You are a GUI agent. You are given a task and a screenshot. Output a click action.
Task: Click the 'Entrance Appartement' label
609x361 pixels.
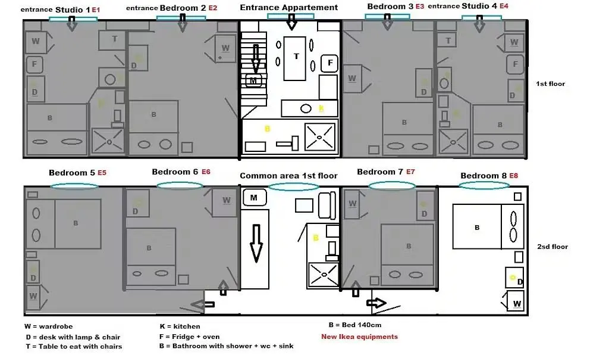[289, 8]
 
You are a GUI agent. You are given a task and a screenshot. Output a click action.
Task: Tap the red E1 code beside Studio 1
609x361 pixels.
[96, 10]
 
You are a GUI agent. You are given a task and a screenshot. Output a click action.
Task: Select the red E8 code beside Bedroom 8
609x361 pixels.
[514, 176]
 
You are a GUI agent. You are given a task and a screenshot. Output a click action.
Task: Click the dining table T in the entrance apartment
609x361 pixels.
[296, 57]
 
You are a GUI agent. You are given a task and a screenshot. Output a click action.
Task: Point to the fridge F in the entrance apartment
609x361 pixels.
[329, 63]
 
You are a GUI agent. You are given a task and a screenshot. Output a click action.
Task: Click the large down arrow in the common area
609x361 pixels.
[256, 244]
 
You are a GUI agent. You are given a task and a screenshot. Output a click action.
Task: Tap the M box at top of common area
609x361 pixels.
[254, 197]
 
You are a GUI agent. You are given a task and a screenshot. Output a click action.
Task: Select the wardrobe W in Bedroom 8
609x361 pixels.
[516, 303]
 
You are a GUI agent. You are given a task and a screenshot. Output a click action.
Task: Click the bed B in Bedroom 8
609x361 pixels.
[477, 227]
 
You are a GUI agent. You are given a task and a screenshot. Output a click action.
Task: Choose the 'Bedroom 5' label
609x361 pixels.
[72, 173]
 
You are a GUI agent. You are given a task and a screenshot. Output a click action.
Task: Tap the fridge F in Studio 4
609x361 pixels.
[515, 64]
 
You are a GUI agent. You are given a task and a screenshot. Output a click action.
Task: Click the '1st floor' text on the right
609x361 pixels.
[550, 84]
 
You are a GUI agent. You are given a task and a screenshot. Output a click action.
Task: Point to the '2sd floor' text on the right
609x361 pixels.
[553, 247]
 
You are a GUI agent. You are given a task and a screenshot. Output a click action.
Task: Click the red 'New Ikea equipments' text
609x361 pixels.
[359, 337]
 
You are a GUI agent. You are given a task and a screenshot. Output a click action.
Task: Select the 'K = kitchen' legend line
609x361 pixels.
[180, 326]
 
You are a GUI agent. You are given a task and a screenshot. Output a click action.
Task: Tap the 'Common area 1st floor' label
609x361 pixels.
[288, 176]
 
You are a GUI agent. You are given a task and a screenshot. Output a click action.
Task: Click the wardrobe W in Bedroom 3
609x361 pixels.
[352, 79]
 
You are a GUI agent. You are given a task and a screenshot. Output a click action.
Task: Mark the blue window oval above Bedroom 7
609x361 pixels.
[391, 186]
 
